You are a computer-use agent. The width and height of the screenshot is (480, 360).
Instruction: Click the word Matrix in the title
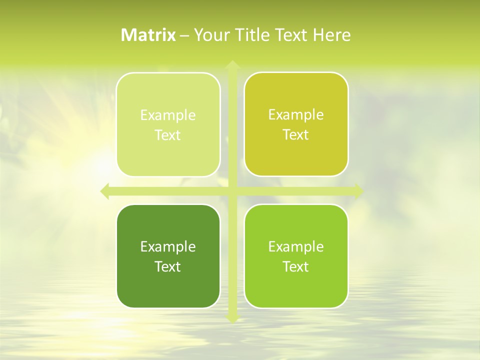click(148, 35)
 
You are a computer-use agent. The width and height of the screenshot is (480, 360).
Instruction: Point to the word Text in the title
click(291, 35)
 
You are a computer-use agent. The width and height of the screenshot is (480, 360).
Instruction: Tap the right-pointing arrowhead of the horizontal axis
click(359, 191)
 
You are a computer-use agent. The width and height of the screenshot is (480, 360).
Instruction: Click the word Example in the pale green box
click(168, 115)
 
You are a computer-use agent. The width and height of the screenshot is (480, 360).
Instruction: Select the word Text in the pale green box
click(168, 135)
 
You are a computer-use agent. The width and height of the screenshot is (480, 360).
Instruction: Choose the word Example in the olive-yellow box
click(296, 115)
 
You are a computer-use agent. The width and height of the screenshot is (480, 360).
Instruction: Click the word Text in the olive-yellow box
click(296, 134)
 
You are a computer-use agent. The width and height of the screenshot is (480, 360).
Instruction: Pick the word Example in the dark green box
click(168, 246)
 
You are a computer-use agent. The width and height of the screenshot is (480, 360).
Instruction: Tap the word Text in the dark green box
click(168, 266)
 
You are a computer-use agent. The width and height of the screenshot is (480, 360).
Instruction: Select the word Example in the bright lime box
click(296, 246)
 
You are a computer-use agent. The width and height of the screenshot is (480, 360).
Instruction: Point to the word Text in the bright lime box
click(296, 266)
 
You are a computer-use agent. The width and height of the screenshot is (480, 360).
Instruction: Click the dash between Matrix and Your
click(184, 35)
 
